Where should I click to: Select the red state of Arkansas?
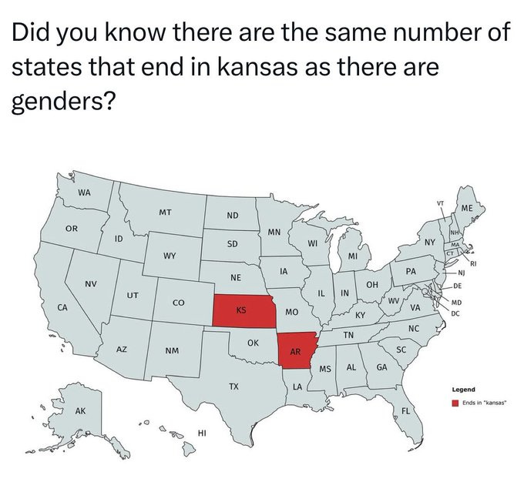(295, 351)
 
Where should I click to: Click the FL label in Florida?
(405, 410)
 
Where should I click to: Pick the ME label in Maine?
(467, 209)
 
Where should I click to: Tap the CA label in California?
(62, 307)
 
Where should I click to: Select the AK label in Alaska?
(80, 411)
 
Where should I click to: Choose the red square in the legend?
(455, 401)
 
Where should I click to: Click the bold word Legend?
(464, 390)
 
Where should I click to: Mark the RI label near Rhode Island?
(475, 263)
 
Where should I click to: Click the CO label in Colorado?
(177, 304)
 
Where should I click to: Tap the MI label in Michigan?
(352, 256)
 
